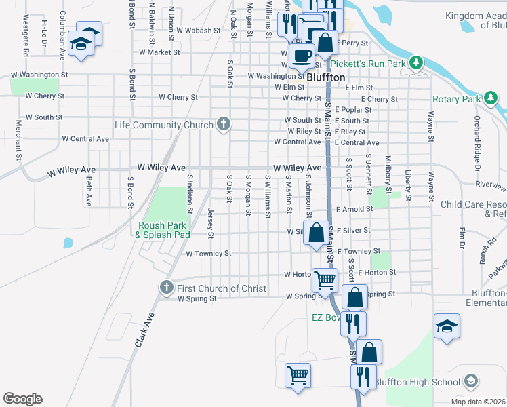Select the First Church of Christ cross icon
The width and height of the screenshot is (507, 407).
tap(167, 288)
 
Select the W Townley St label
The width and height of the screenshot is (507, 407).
tap(209, 254)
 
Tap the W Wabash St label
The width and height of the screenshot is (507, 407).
tap(199, 31)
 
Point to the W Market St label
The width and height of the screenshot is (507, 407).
tap(159, 52)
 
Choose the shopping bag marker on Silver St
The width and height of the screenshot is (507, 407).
tap(316, 233)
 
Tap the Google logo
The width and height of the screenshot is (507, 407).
tap(22, 399)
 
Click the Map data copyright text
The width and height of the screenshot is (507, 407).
tap(479, 402)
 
